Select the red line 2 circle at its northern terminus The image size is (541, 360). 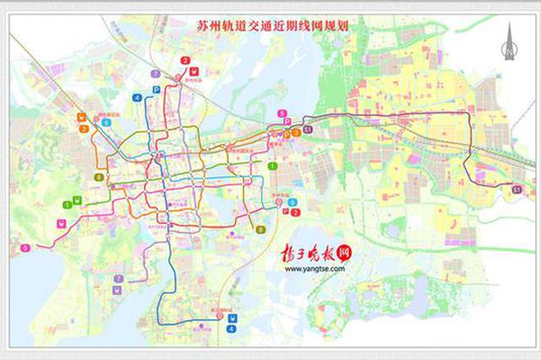(x=185, y=59)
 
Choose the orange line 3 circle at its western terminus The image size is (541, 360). (x=84, y=129)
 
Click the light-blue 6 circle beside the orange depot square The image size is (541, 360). (x=106, y=122)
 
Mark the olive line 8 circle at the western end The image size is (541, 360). (x=100, y=177)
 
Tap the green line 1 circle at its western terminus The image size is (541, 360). (x=67, y=205)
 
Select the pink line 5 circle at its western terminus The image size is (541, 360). (x=25, y=247)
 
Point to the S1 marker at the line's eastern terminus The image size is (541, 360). (x=516, y=190)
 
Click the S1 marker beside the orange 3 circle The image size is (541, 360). (x=308, y=129)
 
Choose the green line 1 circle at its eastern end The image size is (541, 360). (x=272, y=166)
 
